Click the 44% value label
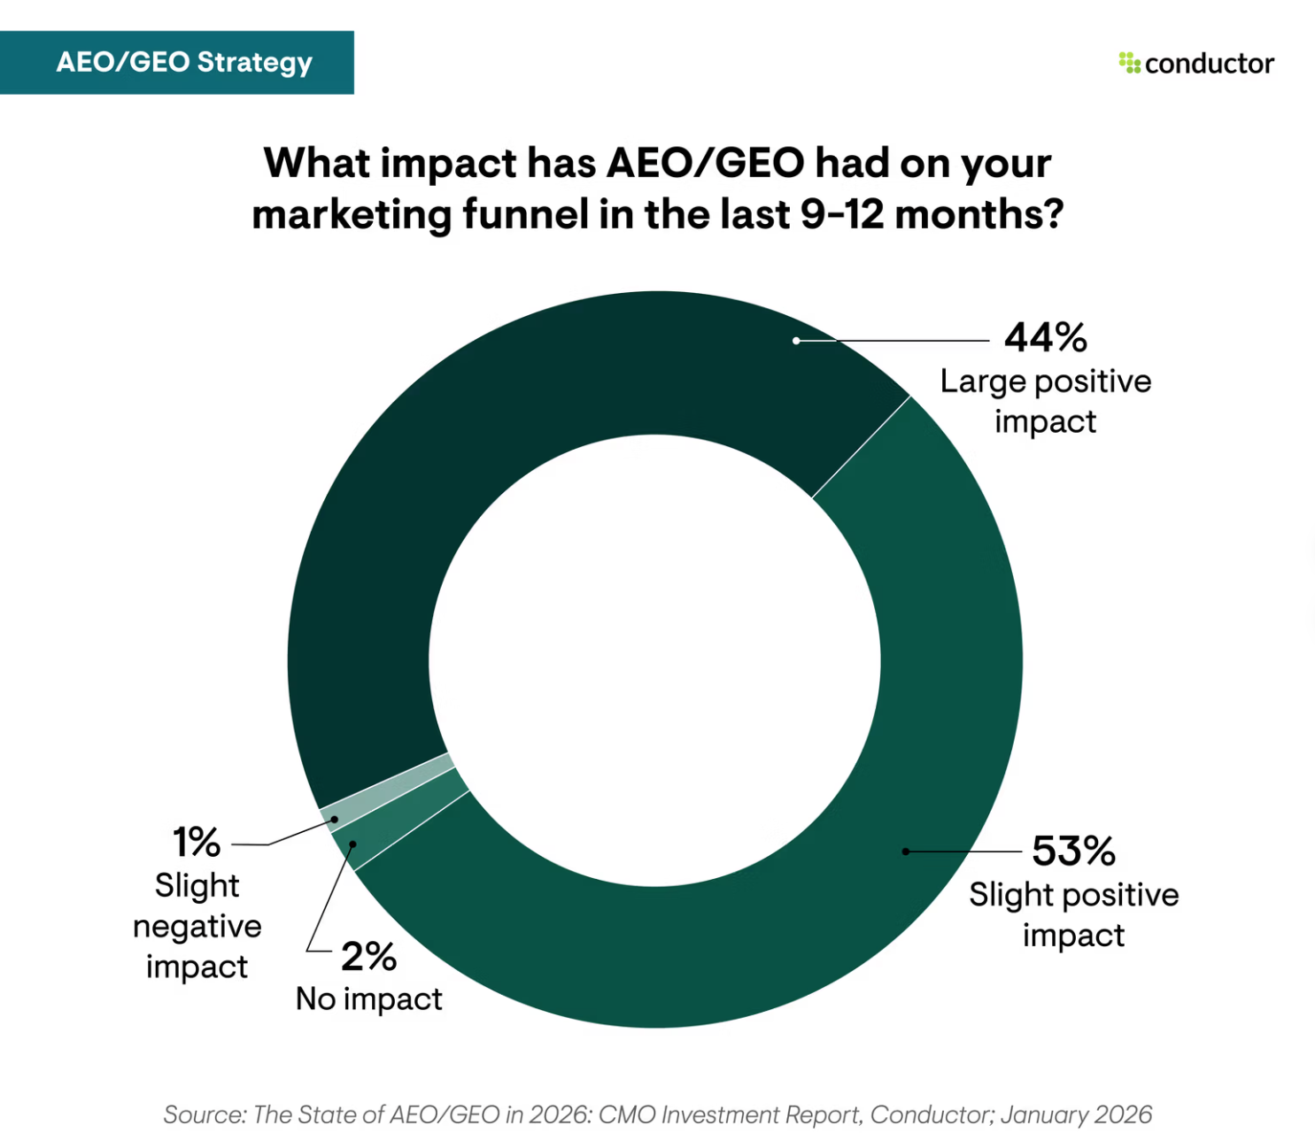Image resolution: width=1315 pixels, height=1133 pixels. (1045, 337)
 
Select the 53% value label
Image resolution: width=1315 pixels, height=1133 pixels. (1073, 851)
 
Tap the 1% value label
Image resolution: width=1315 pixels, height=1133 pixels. (197, 842)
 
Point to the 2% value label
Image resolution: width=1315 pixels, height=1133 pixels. (368, 956)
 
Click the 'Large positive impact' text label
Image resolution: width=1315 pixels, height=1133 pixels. (1045, 401)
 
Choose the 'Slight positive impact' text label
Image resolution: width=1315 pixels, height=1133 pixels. (1073, 914)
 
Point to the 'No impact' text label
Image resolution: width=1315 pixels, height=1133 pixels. (368, 998)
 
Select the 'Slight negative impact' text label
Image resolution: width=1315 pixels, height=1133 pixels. (197, 926)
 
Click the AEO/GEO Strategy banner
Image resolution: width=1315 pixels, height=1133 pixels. (177, 63)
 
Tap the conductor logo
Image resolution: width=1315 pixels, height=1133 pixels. (1196, 64)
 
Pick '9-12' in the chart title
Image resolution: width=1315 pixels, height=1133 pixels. (841, 214)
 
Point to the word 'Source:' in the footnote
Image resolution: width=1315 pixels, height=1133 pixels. (205, 1114)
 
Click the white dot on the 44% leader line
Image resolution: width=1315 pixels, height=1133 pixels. (796, 341)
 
